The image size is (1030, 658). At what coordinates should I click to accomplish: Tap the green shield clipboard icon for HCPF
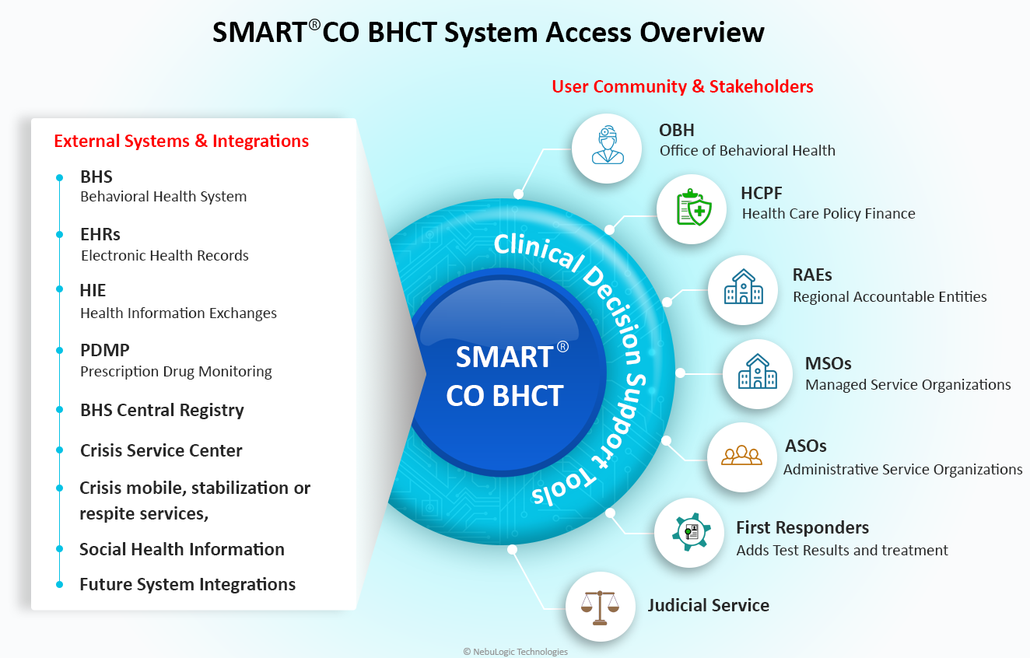(x=694, y=207)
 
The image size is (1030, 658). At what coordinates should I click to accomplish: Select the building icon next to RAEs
(x=744, y=287)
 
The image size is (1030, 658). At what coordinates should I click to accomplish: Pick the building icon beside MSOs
(x=757, y=372)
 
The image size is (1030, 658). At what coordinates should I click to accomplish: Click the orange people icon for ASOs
(x=741, y=455)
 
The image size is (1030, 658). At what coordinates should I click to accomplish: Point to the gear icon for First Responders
(x=691, y=532)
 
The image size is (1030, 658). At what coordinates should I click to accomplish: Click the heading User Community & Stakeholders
(x=682, y=86)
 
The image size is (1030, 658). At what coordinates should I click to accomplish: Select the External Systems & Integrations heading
(x=181, y=141)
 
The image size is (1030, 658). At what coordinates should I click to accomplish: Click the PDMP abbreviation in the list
(x=105, y=350)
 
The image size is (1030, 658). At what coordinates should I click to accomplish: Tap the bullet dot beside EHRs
(x=59, y=235)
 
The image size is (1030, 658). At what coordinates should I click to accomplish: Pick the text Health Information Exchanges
(x=178, y=313)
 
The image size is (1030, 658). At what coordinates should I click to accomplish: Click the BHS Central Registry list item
(x=162, y=410)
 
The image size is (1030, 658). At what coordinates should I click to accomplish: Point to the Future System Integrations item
(x=187, y=584)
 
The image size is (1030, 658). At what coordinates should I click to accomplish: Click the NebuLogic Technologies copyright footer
(x=515, y=652)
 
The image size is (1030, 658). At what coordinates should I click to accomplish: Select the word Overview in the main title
(x=702, y=33)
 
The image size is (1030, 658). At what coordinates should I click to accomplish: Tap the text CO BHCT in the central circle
(x=504, y=395)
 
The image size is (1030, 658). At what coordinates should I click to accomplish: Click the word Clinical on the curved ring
(x=539, y=251)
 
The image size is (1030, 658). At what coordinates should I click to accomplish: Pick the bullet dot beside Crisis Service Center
(x=59, y=450)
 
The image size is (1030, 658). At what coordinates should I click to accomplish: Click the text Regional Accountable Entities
(x=890, y=297)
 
